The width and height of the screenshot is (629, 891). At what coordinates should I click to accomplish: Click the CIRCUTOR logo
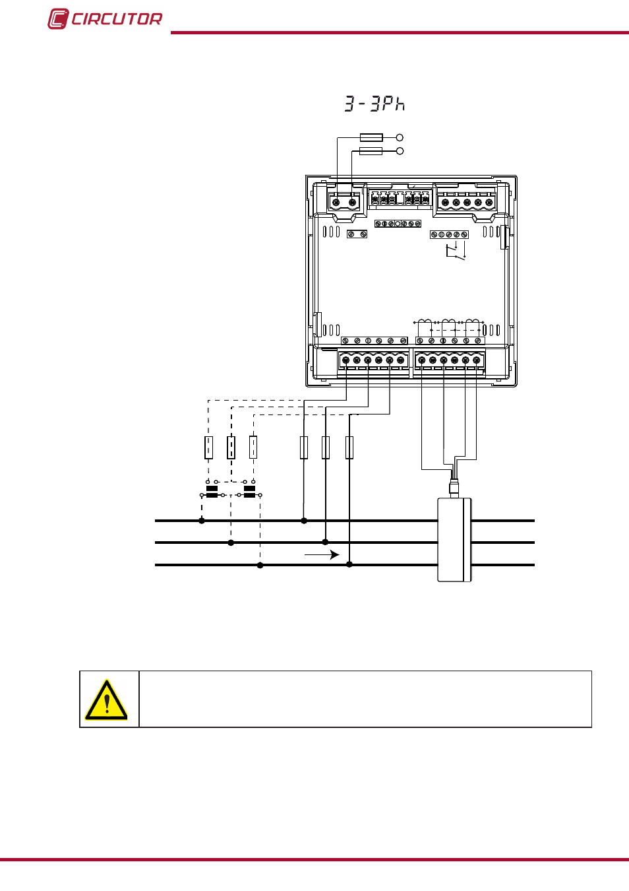point(105,18)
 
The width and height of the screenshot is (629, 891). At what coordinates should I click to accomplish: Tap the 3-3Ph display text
point(374,104)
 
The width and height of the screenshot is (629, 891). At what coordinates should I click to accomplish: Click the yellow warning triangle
point(106,700)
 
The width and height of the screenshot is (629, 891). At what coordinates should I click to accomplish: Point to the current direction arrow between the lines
point(322,554)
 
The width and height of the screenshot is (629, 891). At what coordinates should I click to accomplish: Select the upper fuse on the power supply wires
point(371,138)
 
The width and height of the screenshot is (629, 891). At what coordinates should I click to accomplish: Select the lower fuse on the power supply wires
point(371,151)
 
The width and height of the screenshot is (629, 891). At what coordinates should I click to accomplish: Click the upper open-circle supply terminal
point(400,138)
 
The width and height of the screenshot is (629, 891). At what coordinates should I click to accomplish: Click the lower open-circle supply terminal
point(400,151)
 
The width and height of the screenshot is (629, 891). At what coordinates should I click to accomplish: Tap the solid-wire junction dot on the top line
point(304,521)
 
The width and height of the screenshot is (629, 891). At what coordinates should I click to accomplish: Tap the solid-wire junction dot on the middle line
point(326,542)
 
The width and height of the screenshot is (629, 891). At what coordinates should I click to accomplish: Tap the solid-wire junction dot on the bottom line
point(349,564)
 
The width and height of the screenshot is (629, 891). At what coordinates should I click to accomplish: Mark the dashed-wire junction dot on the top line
point(202,521)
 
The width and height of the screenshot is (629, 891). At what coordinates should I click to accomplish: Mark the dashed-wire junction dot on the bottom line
point(260,565)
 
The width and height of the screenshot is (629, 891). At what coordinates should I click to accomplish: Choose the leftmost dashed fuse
point(208,447)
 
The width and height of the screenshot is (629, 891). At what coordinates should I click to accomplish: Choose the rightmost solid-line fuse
point(349,447)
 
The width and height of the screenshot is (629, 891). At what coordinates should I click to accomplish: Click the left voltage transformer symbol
point(212,491)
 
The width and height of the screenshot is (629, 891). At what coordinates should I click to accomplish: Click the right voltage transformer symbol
point(249,491)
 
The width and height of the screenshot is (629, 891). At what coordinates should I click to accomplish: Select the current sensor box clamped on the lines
point(454,540)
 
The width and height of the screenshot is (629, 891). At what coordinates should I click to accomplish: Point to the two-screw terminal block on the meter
point(344,202)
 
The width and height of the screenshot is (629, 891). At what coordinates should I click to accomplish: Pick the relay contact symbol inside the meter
point(456,251)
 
